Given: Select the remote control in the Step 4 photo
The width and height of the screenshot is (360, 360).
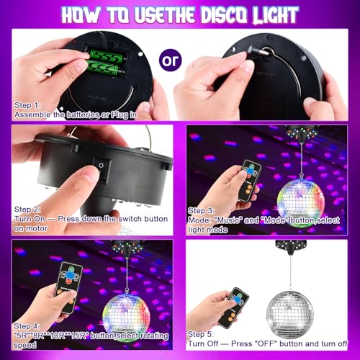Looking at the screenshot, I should point(68,286).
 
